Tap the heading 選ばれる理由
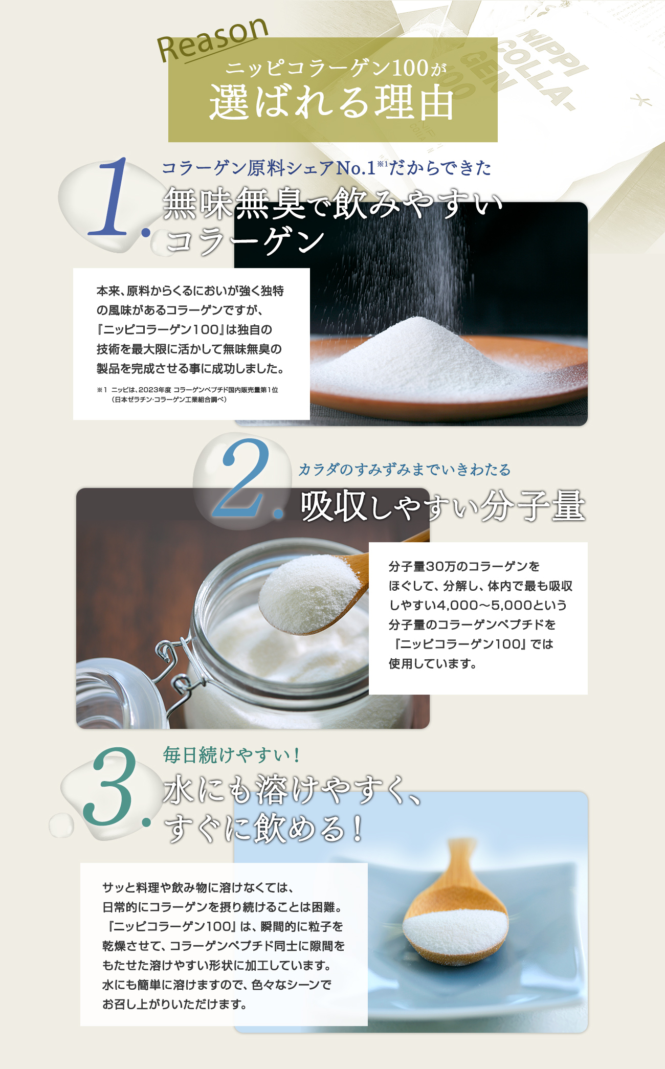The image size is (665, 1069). pyautogui.click(x=332, y=102)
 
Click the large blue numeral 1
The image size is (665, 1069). pyautogui.click(x=115, y=197)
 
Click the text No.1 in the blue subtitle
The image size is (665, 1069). pyautogui.click(x=356, y=168)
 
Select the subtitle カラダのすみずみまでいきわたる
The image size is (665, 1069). pyautogui.click(x=404, y=470)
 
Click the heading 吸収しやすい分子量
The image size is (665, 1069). pyautogui.click(x=442, y=506)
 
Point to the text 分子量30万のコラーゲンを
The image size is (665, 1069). pyautogui.click(x=464, y=566)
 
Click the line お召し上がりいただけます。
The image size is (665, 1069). pyautogui.click(x=174, y=1004)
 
